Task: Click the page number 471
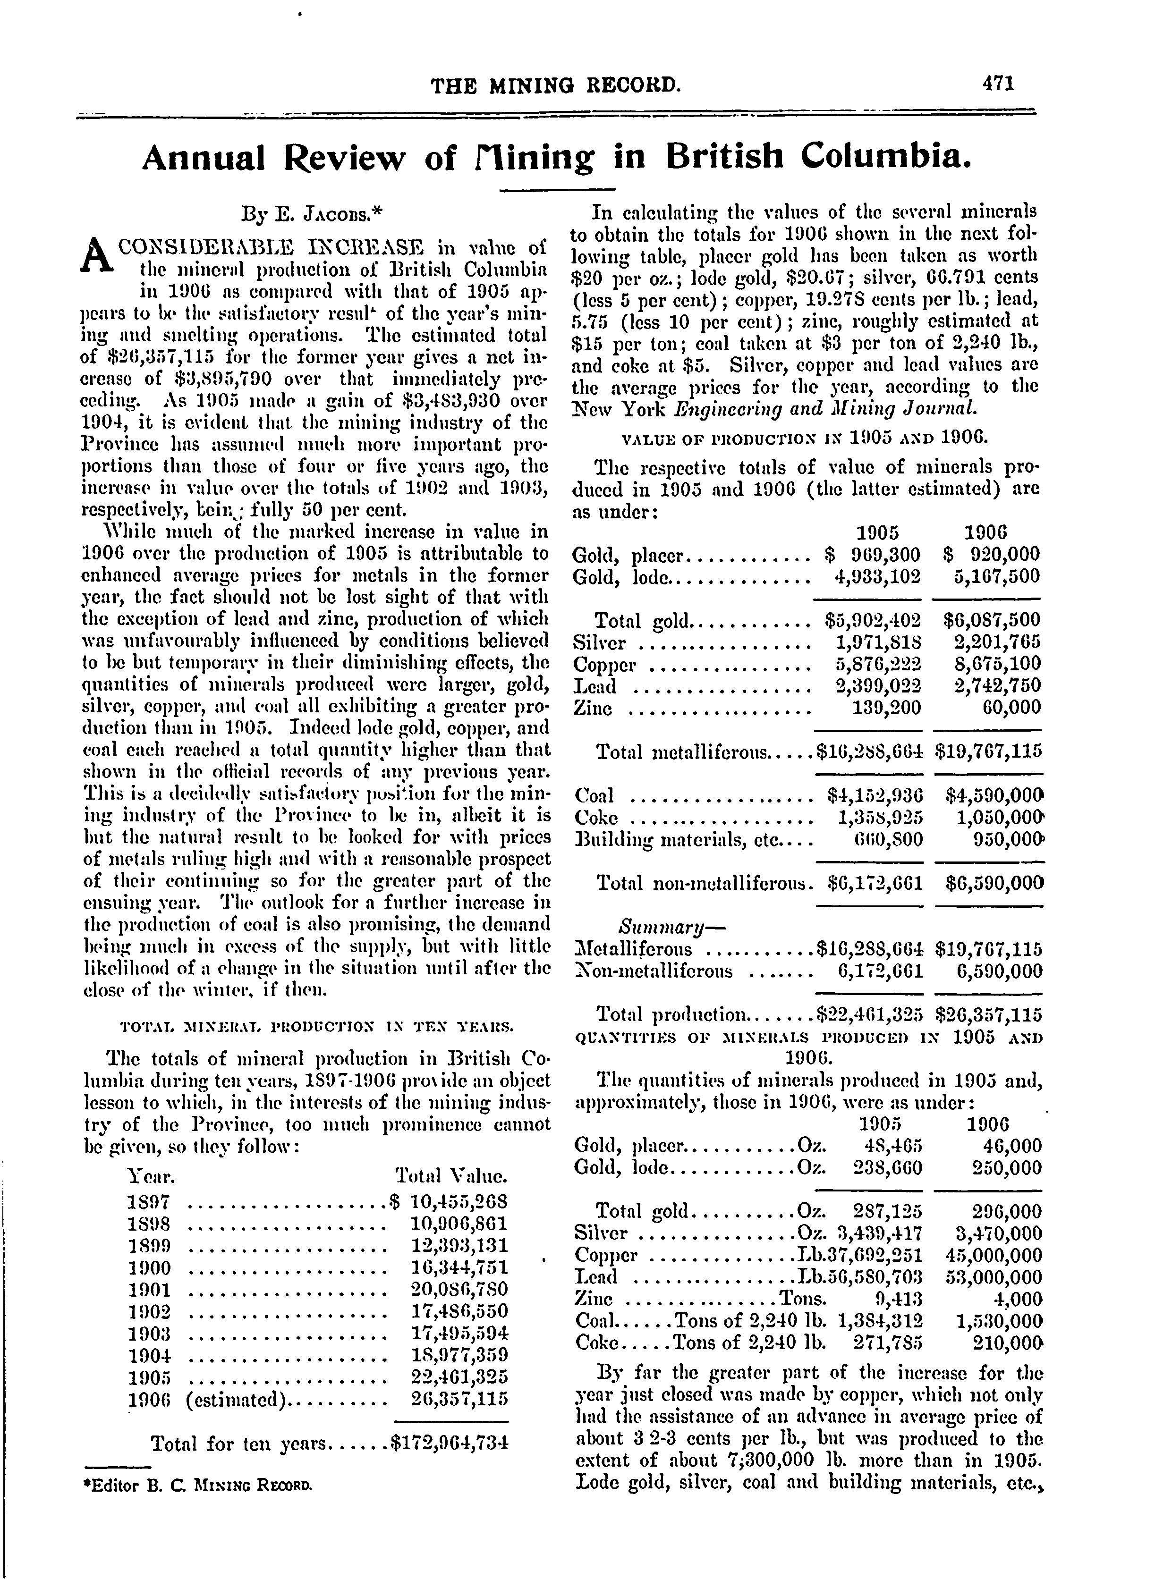click(998, 84)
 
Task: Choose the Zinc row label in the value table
click(592, 708)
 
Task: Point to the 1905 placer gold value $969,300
click(872, 555)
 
